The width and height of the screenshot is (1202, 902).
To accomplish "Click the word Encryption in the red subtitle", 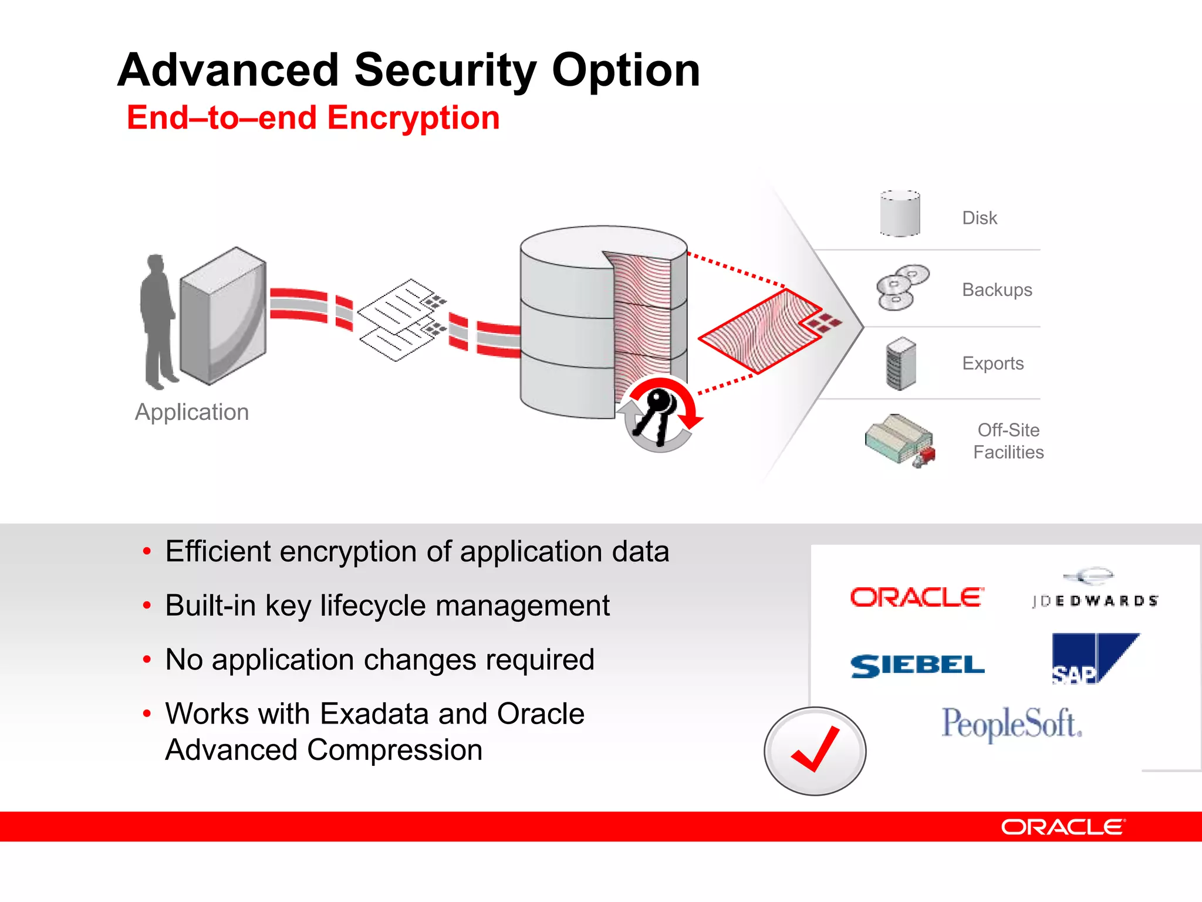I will tap(413, 117).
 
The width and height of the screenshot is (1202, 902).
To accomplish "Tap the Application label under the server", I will tap(192, 412).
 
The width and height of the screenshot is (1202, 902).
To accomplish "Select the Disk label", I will tap(979, 218).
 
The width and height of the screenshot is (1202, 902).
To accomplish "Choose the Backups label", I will tap(997, 290).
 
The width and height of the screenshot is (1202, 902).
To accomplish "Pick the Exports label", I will tap(992, 364).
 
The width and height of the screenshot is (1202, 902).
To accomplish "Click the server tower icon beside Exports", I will tap(901, 364).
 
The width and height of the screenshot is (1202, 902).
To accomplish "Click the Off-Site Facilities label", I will tap(1008, 441).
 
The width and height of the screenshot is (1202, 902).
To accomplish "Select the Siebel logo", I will tap(917, 666).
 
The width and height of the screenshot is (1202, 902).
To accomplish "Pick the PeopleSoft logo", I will tap(1012, 724).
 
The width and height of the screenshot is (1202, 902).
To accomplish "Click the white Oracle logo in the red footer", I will tap(1063, 827).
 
